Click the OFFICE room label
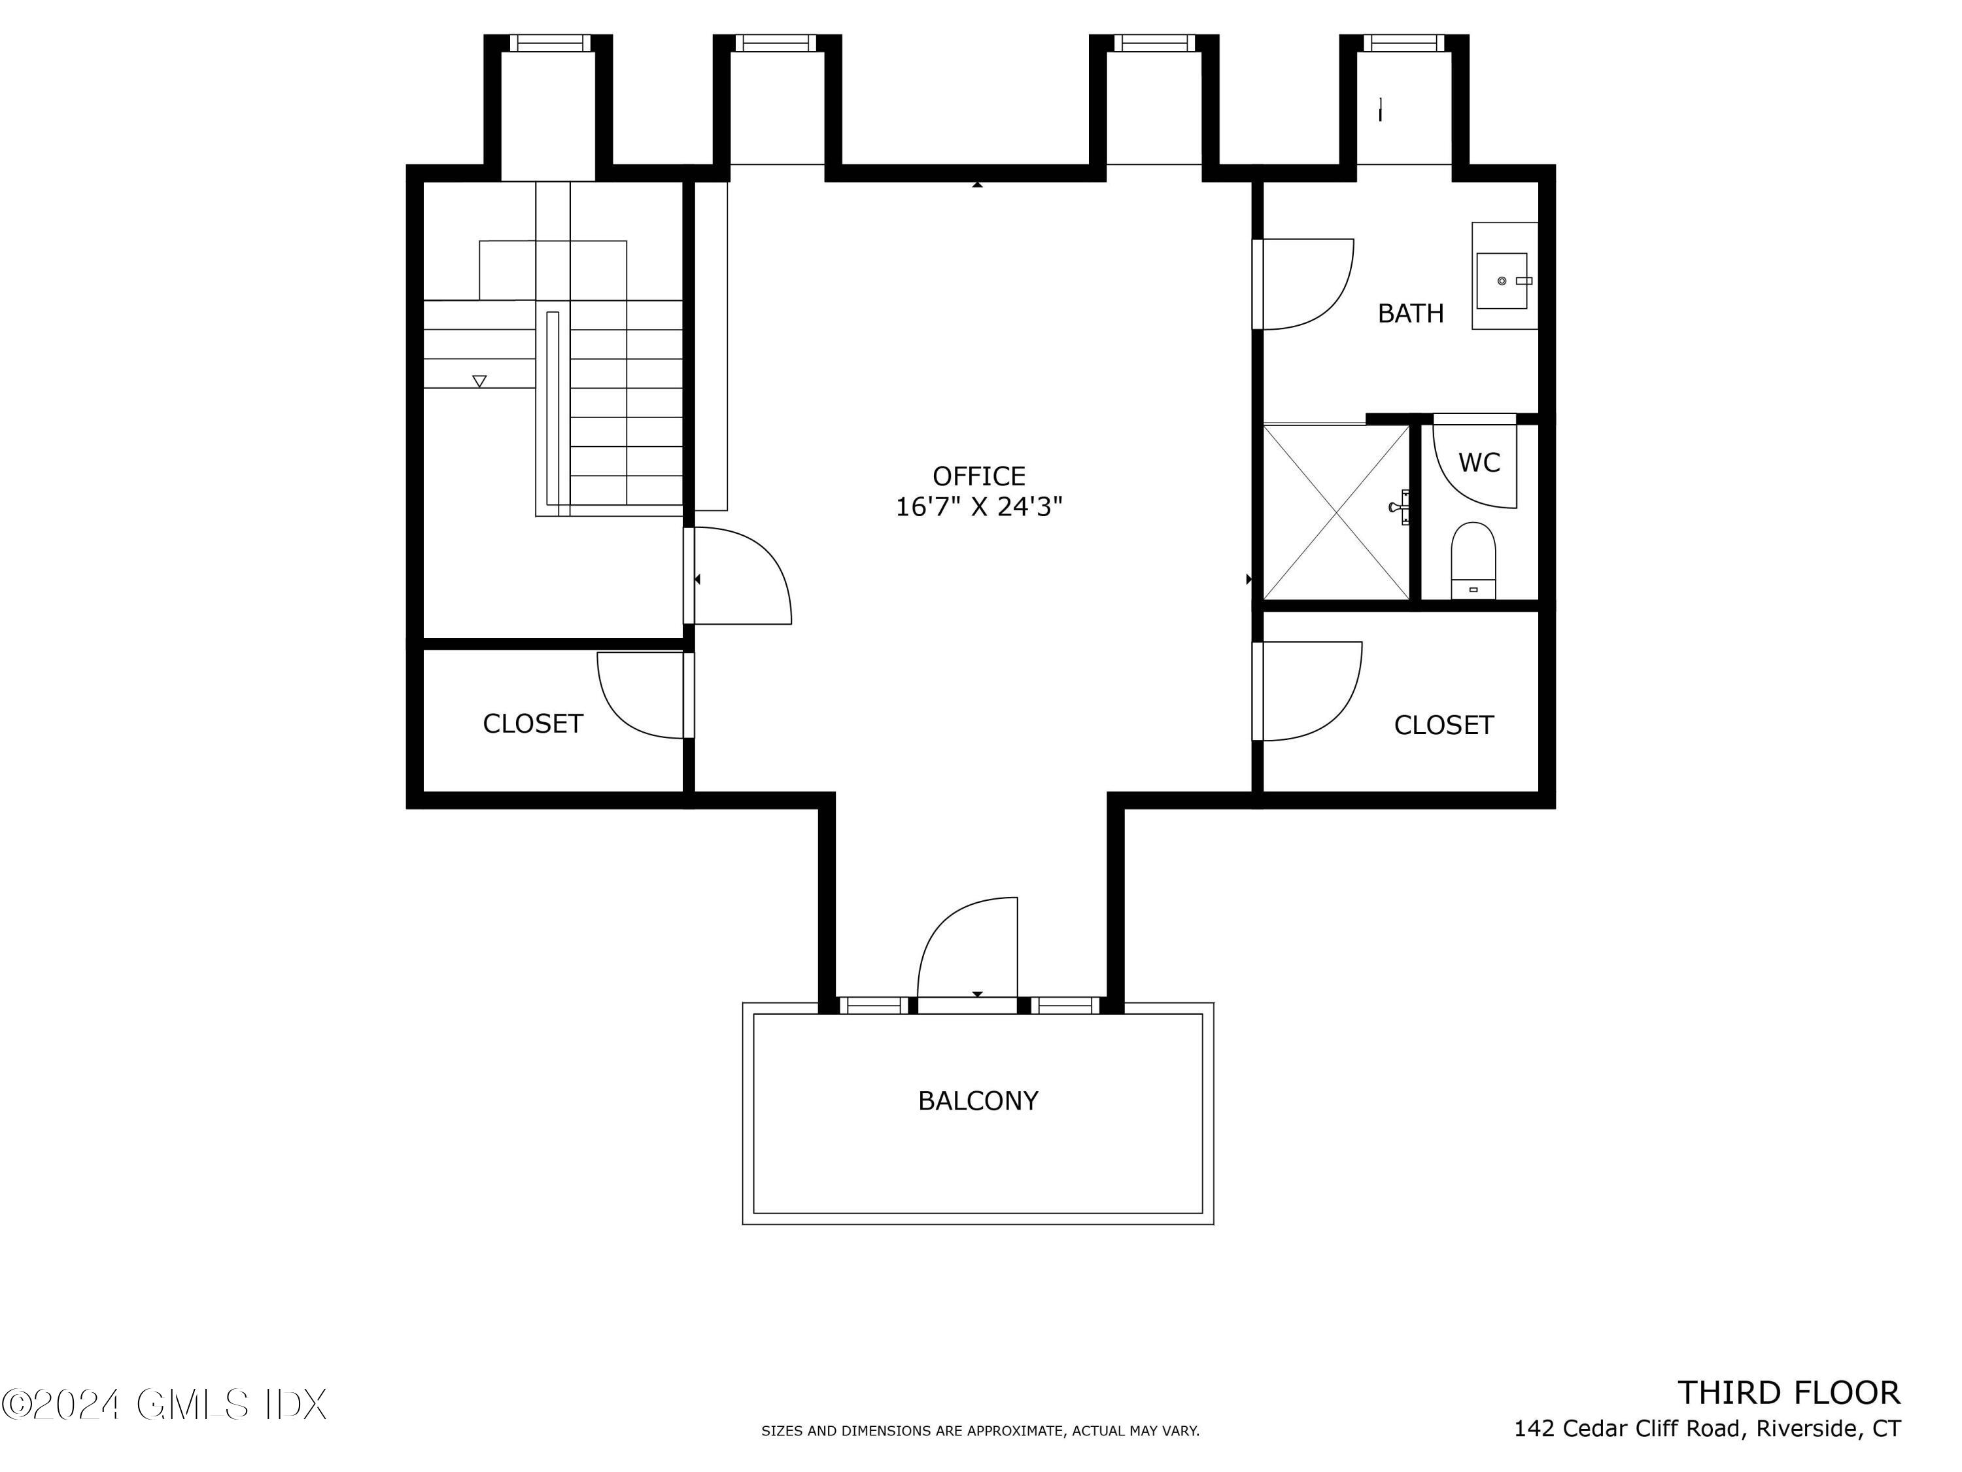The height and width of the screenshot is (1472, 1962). pyautogui.click(x=978, y=476)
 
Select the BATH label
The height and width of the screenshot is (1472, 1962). pyautogui.click(x=1410, y=313)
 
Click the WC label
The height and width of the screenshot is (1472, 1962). pyautogui.click(x=1479, y=463)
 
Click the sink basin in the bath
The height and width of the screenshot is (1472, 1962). pyautogui.click(x=1502, y=281)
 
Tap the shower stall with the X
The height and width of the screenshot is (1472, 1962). pyautogui.click(x=1335, y=512)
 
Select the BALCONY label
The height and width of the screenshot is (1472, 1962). pyautogui.click(x=978, y=1101)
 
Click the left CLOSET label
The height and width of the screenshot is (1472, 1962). pyautogui.click(x=532, y=724)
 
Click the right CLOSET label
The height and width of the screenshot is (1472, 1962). pyautogui.click(x=1443, y=726)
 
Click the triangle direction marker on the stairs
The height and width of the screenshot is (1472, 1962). pyautogui.click(x=479, y=381)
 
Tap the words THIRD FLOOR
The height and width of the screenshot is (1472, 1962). pyautogui.click(x=1788, y=1393)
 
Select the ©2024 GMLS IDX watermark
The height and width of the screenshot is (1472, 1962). pyautogui.click(x=164, y=1405)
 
